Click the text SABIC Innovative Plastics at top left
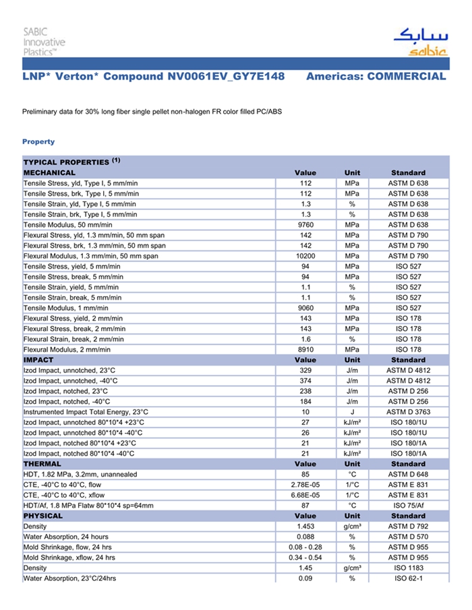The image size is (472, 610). [44, 41]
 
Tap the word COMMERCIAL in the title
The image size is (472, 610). [406, 77]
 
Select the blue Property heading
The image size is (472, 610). [38, 141]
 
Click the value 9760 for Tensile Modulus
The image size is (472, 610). [305, 225]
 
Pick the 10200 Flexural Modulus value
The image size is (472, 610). [305, 256]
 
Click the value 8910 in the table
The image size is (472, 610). [305, 349]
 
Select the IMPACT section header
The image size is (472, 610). [38, 360]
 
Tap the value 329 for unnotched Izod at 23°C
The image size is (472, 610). [305, 370]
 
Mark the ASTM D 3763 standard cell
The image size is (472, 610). [408, 412]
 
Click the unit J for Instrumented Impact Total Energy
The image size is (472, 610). [352, 412]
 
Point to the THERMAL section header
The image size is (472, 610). [42, 464]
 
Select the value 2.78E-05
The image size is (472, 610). [305, 485]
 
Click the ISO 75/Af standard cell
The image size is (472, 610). [408, 506]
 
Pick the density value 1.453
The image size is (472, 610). [305, 527]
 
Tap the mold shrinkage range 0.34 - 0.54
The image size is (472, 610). [305, 557]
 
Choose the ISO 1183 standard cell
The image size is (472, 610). [408, 568]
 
